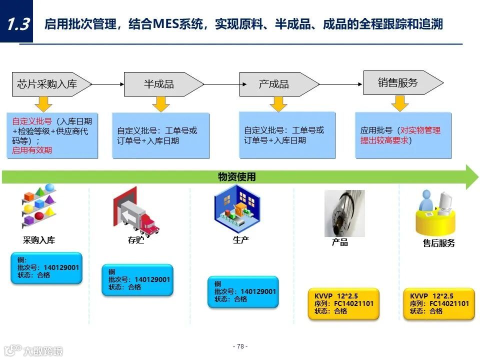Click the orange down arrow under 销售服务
pos(400,103)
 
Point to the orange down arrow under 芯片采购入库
pos(44,103)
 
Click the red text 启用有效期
pos(32,150)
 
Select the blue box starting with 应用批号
pos(403,135)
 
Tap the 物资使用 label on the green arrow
pos(236,176)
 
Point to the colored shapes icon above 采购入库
pos(39,206)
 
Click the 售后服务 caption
pos(438,243)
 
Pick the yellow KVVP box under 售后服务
pos(439,303)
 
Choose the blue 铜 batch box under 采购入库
pos(46,268)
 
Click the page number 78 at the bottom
pos(240,346)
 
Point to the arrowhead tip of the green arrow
pos(477,176)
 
